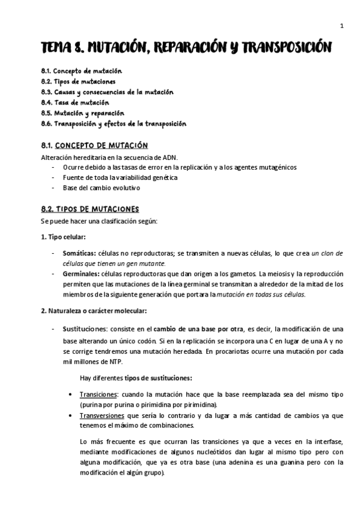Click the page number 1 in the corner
(x=341, y=25)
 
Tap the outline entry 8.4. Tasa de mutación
(x=75, y=102)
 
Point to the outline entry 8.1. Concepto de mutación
(x=81, y=71)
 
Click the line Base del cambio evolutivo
(x=101, y=188)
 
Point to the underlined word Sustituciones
(x=83, y=329)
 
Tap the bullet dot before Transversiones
(x=71, y=415)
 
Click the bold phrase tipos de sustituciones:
(x=158, y=378)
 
